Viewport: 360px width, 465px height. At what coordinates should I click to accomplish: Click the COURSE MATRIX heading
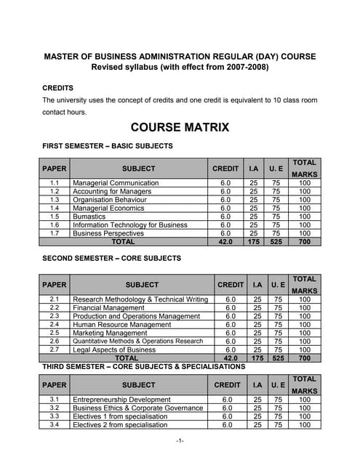(180, 127)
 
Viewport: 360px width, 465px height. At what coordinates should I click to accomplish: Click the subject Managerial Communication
(116, 183)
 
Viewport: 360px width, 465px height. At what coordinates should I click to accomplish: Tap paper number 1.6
(55, 225)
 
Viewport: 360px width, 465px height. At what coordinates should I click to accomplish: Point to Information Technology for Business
(130, 225)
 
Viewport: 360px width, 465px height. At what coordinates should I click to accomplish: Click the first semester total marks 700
(304, 242)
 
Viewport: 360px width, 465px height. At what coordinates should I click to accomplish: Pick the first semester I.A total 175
(254, 242)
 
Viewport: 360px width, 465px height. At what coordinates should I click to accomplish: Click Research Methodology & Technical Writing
(140, 299)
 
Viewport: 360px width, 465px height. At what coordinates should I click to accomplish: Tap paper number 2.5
(55, 333)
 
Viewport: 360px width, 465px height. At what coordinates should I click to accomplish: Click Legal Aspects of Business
(114, 349)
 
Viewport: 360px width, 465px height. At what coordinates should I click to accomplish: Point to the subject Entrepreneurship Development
(121, 400)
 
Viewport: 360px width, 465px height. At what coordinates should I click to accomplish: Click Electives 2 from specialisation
(120, 425)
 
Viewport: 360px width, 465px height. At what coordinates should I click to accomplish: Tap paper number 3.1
(55, 400)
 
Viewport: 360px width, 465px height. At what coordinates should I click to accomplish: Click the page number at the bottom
(180, 441)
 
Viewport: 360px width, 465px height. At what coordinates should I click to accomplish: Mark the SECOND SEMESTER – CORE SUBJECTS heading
(112, 258)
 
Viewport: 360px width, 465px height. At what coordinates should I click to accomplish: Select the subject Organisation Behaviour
(110, 200)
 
